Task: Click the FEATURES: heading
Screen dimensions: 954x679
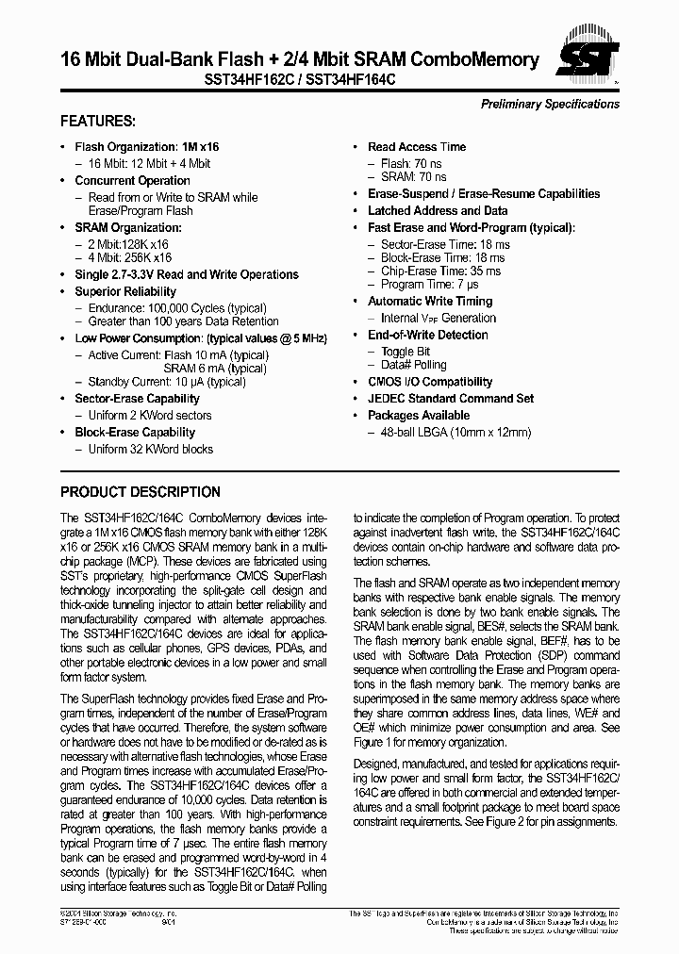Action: [x=98, y=122]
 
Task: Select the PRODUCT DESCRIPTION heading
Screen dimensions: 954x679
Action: [x=141, y=492]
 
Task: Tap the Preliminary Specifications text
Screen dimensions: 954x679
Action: [x=550, y=104]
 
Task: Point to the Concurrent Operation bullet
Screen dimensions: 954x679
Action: [x=132, y=181]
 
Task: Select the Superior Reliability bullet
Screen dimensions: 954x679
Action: [x=125, y=292]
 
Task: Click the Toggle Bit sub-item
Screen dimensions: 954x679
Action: [x=405, y=352]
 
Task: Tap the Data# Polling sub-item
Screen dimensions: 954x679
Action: [x=413, y=365]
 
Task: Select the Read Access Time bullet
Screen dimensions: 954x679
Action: [x=417, y=147]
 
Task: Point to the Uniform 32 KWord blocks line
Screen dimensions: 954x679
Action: [x=150, y=450]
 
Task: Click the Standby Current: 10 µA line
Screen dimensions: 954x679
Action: [x=167, y=382]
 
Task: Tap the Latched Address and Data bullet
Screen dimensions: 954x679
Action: [x=438, y=211]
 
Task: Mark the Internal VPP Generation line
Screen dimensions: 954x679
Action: [x=438, y=319]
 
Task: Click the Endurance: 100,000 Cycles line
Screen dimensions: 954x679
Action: [x=176, y=308]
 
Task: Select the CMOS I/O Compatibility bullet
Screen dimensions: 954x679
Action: [x=430, y=382]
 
